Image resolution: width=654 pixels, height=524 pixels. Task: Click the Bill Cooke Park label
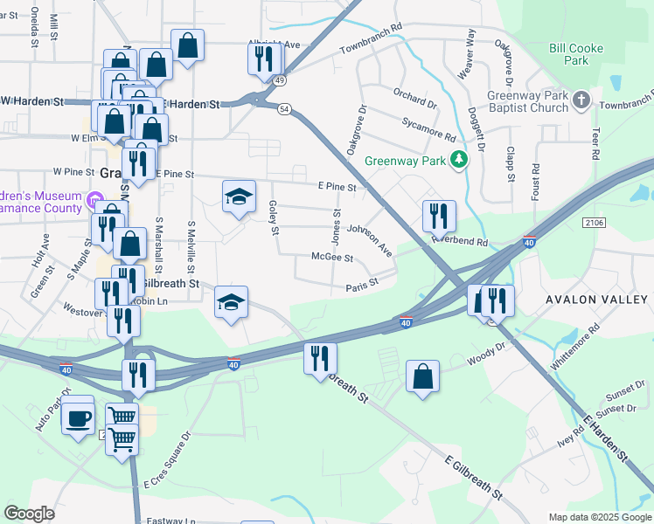pyautogui.click(x=576, y=55)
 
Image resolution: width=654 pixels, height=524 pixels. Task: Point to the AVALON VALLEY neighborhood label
pyautogui.click(x=599, y=300)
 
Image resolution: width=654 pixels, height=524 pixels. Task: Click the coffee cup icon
pyautogui.click(x=78, y=417)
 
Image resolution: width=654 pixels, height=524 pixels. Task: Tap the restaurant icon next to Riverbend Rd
pyautogui.click(x=438, y=215)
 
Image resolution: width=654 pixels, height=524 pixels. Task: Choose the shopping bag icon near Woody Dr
pyautogui.click(x=422, y=377)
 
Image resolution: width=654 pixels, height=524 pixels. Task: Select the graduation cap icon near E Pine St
pyautogui.click(x=238, y=196)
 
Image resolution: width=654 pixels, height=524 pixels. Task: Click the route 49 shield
pyautogui.click(x=279, y=80)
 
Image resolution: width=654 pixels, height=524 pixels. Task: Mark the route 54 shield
pyautogui.click(x=284, y=109)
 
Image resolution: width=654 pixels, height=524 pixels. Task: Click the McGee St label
pyautogui.click(x=332, y=258)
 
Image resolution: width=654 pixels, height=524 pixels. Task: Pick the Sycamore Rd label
pyautogui.click(x=428, y=131)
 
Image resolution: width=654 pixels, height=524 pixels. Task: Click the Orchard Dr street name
pyautogui.click(x=414, y=98)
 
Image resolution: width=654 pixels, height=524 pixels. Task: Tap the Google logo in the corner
pyautogui.click(x=30, y=514)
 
